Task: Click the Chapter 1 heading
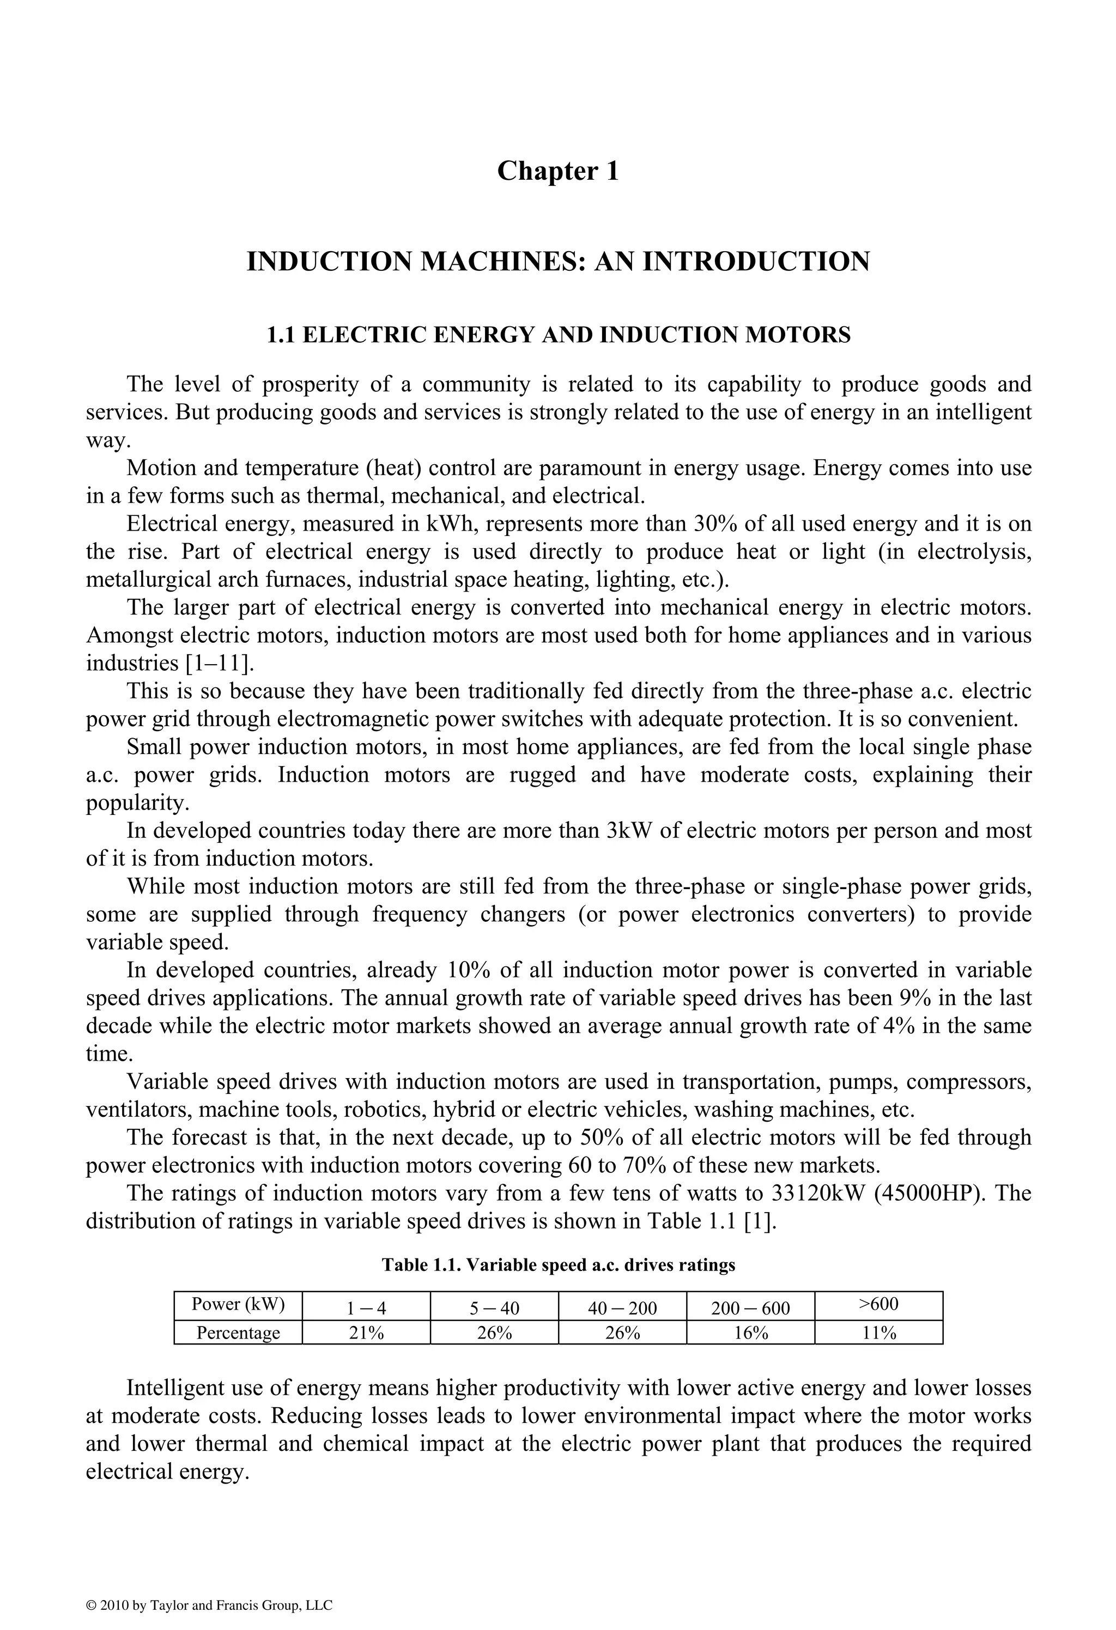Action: coord(557,171)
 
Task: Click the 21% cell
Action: coord(366,1333)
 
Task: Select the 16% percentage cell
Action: coord(750,1333)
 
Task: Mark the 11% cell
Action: coord(879,1333)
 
